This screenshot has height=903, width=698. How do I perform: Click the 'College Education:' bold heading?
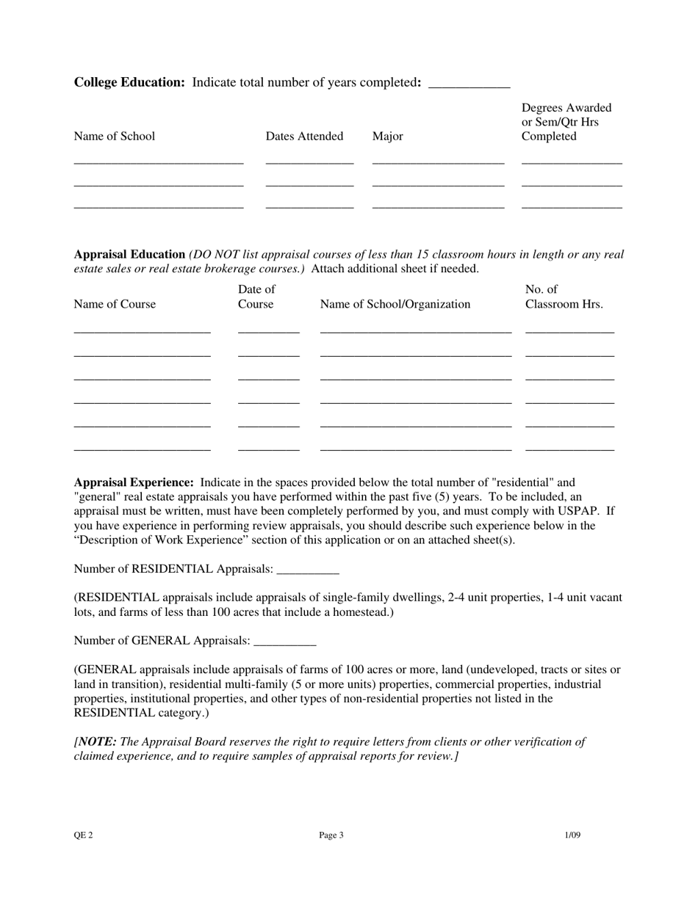click(x=129, y=83)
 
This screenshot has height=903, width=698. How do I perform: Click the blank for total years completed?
click(x=468, y=84)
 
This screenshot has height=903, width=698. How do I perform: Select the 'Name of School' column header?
click(x=115, y=137)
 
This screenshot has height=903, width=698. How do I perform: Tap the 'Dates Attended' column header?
click(x=304, y=137)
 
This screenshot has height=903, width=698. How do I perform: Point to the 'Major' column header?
click(x=387, y=137)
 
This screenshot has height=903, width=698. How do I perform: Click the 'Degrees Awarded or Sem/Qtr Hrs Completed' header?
click(x=566, y=123)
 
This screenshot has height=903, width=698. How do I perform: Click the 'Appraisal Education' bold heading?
click(x=129, y=255)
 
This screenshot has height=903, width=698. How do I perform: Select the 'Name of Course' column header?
click(x=115, y=305)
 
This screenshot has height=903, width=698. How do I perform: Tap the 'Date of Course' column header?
click(x=256, y=297)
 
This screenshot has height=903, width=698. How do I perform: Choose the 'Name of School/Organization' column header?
click(x=395, y=305)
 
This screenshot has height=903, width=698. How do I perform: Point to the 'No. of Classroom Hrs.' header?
click(x=564, y=297)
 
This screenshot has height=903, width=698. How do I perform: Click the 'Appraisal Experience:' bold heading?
click(x=134, y=483)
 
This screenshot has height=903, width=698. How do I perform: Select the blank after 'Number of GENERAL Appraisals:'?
click(x=284, y=641)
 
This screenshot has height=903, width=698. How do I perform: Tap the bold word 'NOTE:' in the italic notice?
click(x=97, y=742)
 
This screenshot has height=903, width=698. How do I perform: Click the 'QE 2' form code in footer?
click(x=83, y=835)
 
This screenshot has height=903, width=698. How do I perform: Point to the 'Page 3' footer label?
click(x=331, y=835)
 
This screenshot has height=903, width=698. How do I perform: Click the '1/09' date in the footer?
click(x=572, y=835)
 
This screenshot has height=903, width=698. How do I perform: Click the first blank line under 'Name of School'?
click(x=159, y=160)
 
